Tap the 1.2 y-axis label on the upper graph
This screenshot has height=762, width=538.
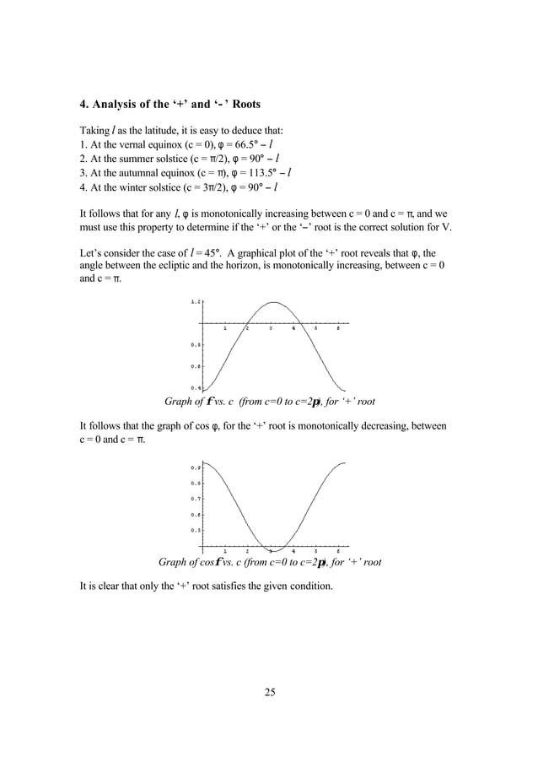(196, 301)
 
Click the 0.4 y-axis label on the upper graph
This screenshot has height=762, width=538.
(196, 387)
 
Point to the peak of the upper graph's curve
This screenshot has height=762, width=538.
(272, 302)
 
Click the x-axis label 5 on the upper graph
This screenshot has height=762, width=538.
(315, 329)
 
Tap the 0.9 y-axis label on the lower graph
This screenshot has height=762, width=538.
(196, 467)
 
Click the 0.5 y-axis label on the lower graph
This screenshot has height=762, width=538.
(196, 530)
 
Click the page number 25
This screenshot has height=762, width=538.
(269, 693)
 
